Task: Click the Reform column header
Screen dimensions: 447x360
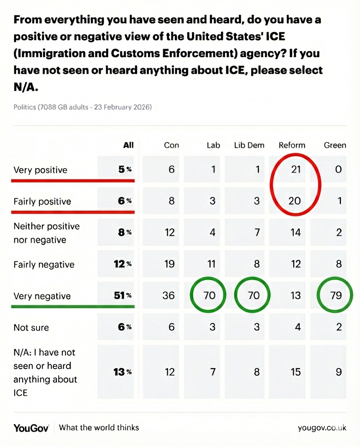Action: tap(292, 146)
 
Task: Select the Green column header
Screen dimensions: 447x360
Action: tap(335, 146)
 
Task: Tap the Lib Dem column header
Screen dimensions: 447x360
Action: tap(249, 146)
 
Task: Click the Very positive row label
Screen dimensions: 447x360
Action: tap(40, 170)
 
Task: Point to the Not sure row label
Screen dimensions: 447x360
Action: tap(31, 327)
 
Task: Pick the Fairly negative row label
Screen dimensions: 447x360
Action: tap(44, 265)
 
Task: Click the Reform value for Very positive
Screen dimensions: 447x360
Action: tap(296, 170)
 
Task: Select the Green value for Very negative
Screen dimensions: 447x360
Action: tap(336, 295)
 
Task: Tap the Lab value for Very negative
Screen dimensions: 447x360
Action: tap(209, 295)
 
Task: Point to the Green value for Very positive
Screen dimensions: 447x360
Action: tap(338, 170)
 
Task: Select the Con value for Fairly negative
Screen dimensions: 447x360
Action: tap(170, 264)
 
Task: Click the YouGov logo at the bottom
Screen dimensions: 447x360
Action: tap(31, 428)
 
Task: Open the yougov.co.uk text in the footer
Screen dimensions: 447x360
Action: tap(322, 428)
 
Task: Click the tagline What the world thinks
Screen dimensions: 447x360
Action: tap(99, 428)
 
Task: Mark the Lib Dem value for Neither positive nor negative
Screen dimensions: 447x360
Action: tap(256, 233)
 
